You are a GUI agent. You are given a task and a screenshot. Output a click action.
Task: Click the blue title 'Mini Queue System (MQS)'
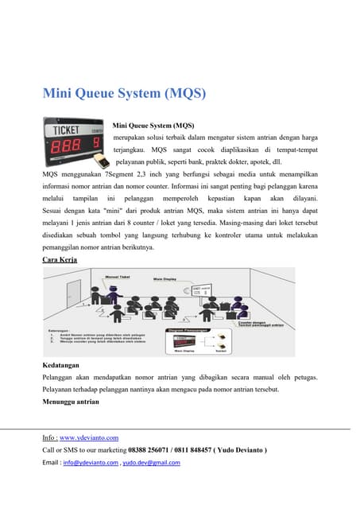[124, 94]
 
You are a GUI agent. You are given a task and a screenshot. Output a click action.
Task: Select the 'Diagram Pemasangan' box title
[188, 329]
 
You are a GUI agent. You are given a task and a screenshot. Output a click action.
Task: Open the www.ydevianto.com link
[89, 437]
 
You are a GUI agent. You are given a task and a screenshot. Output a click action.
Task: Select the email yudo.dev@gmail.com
[151, 462]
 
